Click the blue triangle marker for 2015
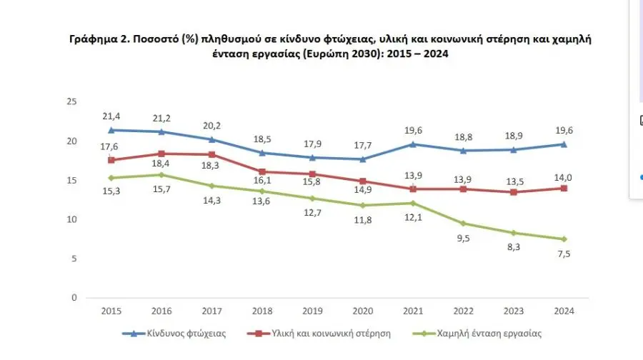(x=111, y=130)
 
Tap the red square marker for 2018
(x=263, y=171)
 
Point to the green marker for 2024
(x=564, y=239)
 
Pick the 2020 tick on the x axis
(x=363, y=311)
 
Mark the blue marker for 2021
(x=414, y=144)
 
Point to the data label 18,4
(x=162, y=166)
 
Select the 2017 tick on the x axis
(x=212, y=311)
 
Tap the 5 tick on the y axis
(x=73, y=259)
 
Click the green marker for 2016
(x=162, y=174)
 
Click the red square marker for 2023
(x=514, y=192)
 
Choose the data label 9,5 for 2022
(x=464, y=239)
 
